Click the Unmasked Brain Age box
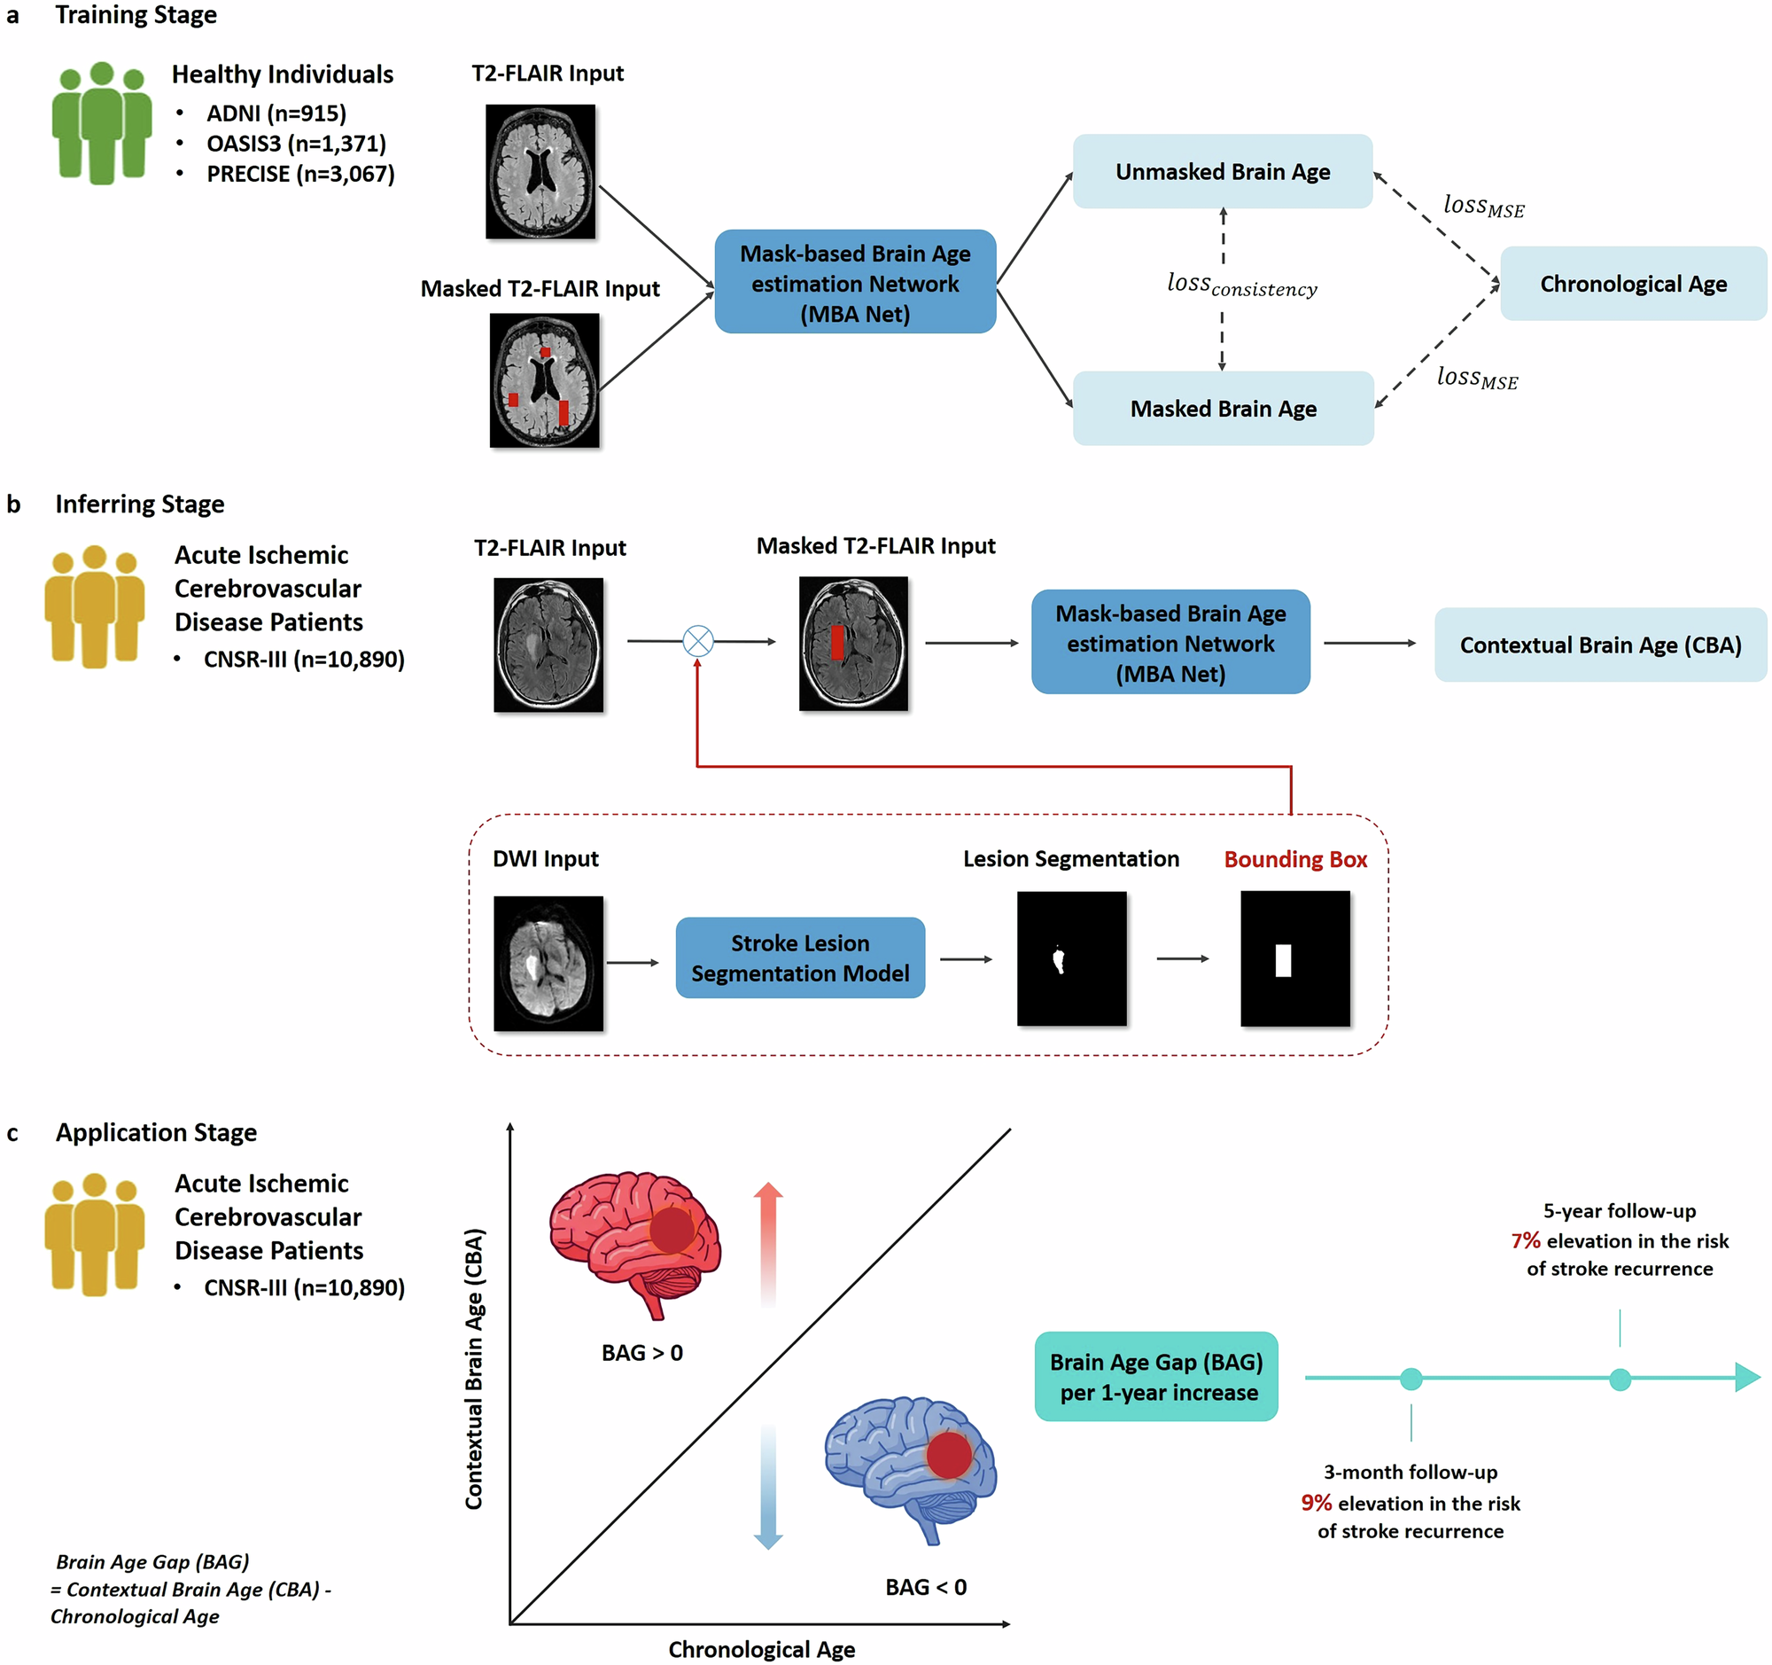1222,171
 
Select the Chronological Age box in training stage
1632,284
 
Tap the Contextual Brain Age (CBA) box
1599,645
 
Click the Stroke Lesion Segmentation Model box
799,958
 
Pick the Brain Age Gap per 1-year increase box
1156,1377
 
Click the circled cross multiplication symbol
698,641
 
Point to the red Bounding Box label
1294,859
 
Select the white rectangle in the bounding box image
1283,960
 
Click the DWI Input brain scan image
548,963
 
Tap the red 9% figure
1316,1503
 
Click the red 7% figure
1525,1240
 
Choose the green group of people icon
102,123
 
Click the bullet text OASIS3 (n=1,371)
296,144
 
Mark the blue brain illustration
909,1467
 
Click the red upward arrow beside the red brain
767,1244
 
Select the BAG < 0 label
925,1587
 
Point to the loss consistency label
1240,285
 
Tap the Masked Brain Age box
1223,409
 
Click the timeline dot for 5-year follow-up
1620,1379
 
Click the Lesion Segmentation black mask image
1071,958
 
